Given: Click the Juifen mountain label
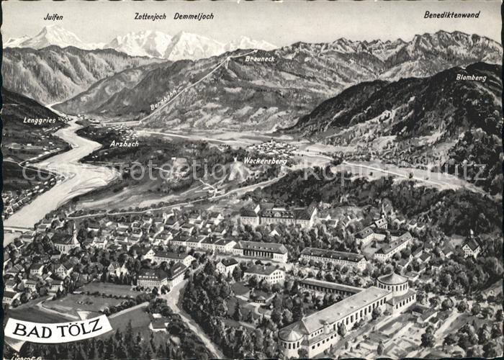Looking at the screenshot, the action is coord(53,17).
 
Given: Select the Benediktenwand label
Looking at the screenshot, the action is coord(451,14).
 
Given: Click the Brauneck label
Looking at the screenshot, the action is coord(259,58).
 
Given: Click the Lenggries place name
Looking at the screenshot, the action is coord(40,120).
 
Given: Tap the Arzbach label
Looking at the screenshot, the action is coord(124,143).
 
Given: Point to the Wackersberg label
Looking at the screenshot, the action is coord(264,161).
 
